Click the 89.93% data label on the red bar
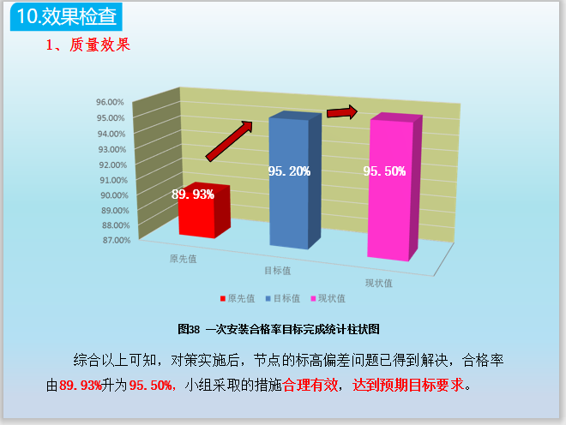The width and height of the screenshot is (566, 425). tap(193, 195)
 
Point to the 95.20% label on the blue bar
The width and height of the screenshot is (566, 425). tap(289, 171)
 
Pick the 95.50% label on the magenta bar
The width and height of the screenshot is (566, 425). tap(384, 171)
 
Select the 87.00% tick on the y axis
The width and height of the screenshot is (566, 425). tap(113, 241)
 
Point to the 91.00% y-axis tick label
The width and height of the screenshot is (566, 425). tap(113, 180)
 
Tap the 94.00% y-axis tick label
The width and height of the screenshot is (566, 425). tap(113, 134)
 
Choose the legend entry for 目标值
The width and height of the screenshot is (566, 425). tap(282, 298)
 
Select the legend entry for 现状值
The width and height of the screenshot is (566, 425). tap(328, 298)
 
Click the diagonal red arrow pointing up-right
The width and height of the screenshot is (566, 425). tap(230, 141)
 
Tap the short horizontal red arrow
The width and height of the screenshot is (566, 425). tap(341, 112)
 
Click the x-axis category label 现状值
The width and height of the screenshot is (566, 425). tap(378, 283)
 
